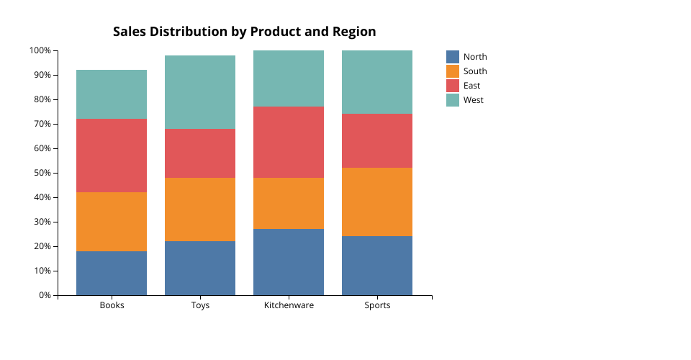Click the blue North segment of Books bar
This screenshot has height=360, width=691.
112,273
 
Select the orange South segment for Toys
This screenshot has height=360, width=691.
200,210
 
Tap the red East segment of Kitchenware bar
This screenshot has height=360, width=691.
289,142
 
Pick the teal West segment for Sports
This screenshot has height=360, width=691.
377,82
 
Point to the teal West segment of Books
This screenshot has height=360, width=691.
112,94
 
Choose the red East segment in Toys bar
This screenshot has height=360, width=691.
200,153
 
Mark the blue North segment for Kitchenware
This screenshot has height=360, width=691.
289,262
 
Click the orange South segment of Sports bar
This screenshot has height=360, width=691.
377,202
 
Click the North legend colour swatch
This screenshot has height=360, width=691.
453,57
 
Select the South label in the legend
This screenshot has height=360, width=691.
475,71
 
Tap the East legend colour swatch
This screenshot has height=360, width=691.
453,86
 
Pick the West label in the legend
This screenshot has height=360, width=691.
474,100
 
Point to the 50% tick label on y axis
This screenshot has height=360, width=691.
42,173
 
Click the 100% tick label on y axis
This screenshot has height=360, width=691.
40,50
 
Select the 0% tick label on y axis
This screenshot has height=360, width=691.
45,295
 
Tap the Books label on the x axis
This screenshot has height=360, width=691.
112,305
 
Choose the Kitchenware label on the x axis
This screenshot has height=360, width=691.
289,305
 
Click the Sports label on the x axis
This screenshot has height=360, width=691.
377,305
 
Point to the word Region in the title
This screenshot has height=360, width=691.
354,32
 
